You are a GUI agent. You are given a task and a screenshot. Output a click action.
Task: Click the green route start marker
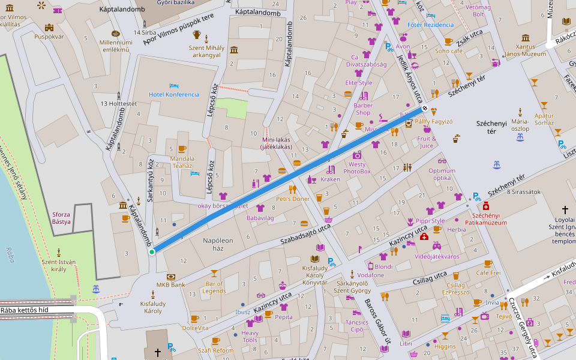pos(152,252)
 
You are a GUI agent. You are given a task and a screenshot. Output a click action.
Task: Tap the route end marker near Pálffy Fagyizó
pos(425,109)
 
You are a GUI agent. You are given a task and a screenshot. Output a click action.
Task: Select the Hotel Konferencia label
pos(174,95)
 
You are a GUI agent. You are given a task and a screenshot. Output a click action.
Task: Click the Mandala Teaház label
pos(182,163)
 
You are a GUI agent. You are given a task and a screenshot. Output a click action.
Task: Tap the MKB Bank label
pos(171,284)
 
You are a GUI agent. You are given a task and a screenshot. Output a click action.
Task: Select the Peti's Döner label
pos(292,199)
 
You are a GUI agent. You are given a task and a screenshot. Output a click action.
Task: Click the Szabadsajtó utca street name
pos(306,235)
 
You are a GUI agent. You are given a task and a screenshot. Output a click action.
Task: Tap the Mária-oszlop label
pos(520,125)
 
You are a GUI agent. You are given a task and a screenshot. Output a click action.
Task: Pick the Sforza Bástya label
pos(61,218)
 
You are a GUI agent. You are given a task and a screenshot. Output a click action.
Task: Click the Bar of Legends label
pos(214,287)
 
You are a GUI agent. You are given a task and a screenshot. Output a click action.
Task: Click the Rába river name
pos(10,251)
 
